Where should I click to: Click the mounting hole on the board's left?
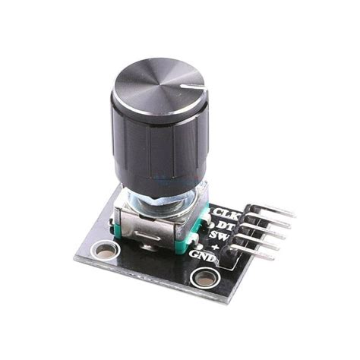point(101,248)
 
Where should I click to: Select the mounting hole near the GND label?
point(204,278)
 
